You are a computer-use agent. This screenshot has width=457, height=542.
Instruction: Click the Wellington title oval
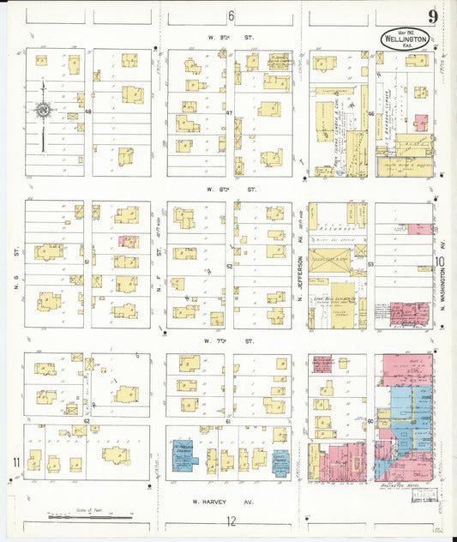(x=406, y=39)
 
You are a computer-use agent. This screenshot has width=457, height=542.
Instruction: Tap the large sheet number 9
(x=434, y=17)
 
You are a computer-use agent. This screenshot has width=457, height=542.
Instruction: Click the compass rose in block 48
(x=42, y=110)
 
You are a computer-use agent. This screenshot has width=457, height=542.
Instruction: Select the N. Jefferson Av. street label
(x=301, y=274)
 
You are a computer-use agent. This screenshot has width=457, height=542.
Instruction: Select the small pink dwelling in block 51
(x=128, y=242)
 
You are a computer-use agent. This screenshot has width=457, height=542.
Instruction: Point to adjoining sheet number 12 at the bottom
(x=230, y=520)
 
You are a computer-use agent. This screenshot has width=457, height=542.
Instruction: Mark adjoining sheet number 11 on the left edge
(x=15, y=463)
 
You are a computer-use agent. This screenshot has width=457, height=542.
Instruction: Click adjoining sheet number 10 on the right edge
(x=440, y=264)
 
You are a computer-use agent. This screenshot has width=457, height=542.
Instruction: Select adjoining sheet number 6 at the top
(x=231, y=16)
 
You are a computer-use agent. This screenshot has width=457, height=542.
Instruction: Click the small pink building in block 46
(x=421, y=123)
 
